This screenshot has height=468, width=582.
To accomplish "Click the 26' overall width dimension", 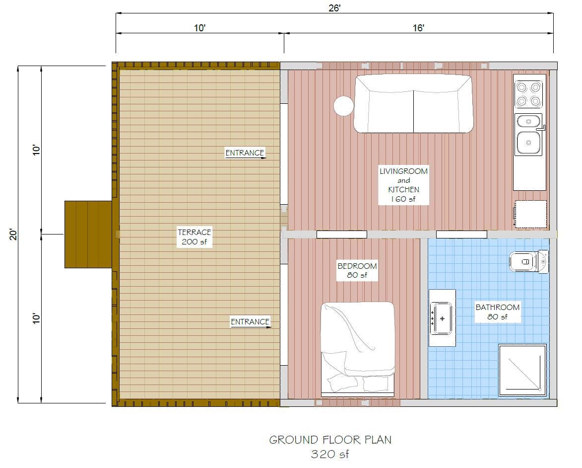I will coord(334,7).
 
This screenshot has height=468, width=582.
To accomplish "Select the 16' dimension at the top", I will coord(418,28).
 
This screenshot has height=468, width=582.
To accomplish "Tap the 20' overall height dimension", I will coord(13,234).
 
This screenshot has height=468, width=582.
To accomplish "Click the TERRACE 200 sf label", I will coord(194,237).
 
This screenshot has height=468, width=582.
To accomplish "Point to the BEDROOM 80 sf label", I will coord(357,270).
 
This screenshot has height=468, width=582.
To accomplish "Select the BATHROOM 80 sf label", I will coord(497,312).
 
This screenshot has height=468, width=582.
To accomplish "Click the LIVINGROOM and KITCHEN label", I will coord(403,185).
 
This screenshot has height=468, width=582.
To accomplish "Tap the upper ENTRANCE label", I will coord(245,153).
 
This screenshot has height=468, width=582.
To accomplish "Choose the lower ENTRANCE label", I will coord(250,321).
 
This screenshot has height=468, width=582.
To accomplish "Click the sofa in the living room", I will coord(413,103).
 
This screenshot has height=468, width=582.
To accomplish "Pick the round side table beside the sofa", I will coord(343,106).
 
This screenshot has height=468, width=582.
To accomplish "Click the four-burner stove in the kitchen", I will coord(528,94).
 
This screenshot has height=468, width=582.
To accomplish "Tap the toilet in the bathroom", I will coord(528,261).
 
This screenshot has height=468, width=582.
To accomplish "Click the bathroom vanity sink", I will coord(442,318).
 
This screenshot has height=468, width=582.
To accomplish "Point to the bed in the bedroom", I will coord(357,348).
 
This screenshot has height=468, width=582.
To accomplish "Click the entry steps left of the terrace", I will coord(88,234).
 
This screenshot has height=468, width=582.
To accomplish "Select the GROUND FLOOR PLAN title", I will coord(330,440).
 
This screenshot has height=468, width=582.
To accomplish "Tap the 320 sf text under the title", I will coord(330,454).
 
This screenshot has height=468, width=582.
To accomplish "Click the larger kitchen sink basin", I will coord(528,142).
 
